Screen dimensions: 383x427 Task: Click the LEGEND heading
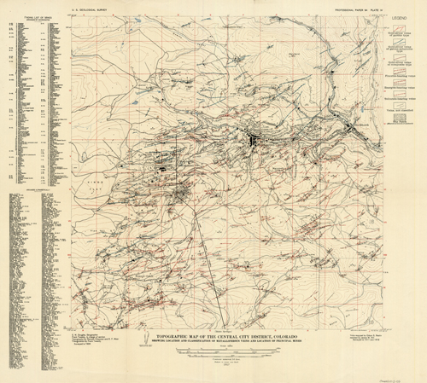[x=401, y=18]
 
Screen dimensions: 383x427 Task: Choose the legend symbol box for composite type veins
[x=394, y=61]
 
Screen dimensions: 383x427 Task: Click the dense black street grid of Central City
[x=254, y=138]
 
